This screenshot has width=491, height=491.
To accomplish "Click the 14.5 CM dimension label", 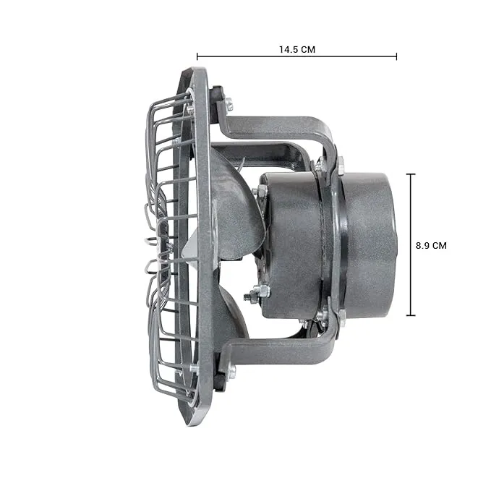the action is (297, 49).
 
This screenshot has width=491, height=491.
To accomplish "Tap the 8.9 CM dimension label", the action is (431, 246).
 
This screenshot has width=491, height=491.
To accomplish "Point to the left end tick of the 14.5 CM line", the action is (197, 56).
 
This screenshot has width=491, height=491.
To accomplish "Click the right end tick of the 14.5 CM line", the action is (396, 56).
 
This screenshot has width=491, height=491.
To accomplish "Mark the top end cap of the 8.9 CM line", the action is (411, 174).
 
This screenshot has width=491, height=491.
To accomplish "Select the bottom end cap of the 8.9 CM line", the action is (411, 315).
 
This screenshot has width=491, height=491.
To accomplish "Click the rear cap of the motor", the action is (370, 244).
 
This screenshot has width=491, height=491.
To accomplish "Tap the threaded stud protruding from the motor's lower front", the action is (249, 296).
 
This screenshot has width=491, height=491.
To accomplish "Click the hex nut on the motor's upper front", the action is (262, 191).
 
